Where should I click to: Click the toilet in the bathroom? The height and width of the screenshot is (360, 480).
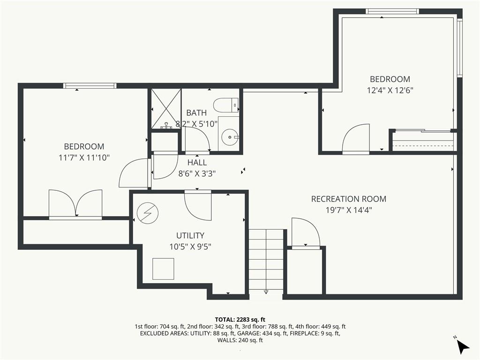(226, 105)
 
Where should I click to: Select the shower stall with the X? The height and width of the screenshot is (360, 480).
(165, 108)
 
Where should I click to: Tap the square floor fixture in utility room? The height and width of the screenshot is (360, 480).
(163, 269)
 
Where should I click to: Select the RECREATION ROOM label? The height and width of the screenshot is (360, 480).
(349, 199)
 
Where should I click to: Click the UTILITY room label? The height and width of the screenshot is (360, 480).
(190, 235)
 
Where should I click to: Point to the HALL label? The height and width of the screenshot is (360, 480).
(197, 163)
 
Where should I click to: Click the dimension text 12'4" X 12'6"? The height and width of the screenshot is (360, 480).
(390, 90)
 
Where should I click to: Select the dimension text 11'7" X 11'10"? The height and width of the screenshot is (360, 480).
(84, 157)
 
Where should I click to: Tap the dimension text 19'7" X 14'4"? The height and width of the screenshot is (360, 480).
(349, 210)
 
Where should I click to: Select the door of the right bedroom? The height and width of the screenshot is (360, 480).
(356, 139)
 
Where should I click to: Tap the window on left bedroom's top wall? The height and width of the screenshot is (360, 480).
(89, 86)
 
